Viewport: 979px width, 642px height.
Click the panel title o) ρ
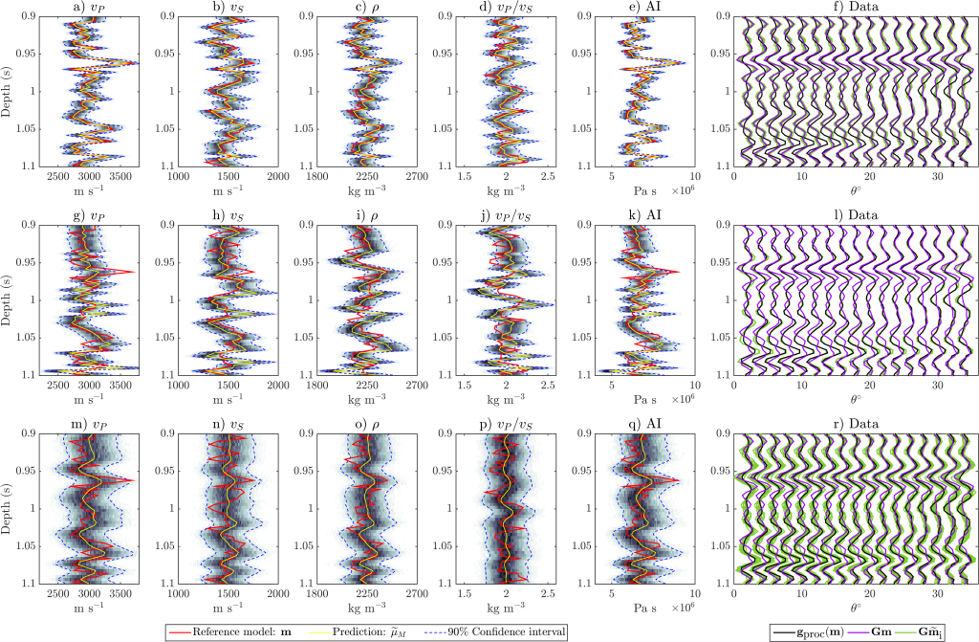[x=365, y=423]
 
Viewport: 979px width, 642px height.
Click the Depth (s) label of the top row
[x=9, y=91]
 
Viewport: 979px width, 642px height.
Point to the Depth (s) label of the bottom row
[x=9, y=507]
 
